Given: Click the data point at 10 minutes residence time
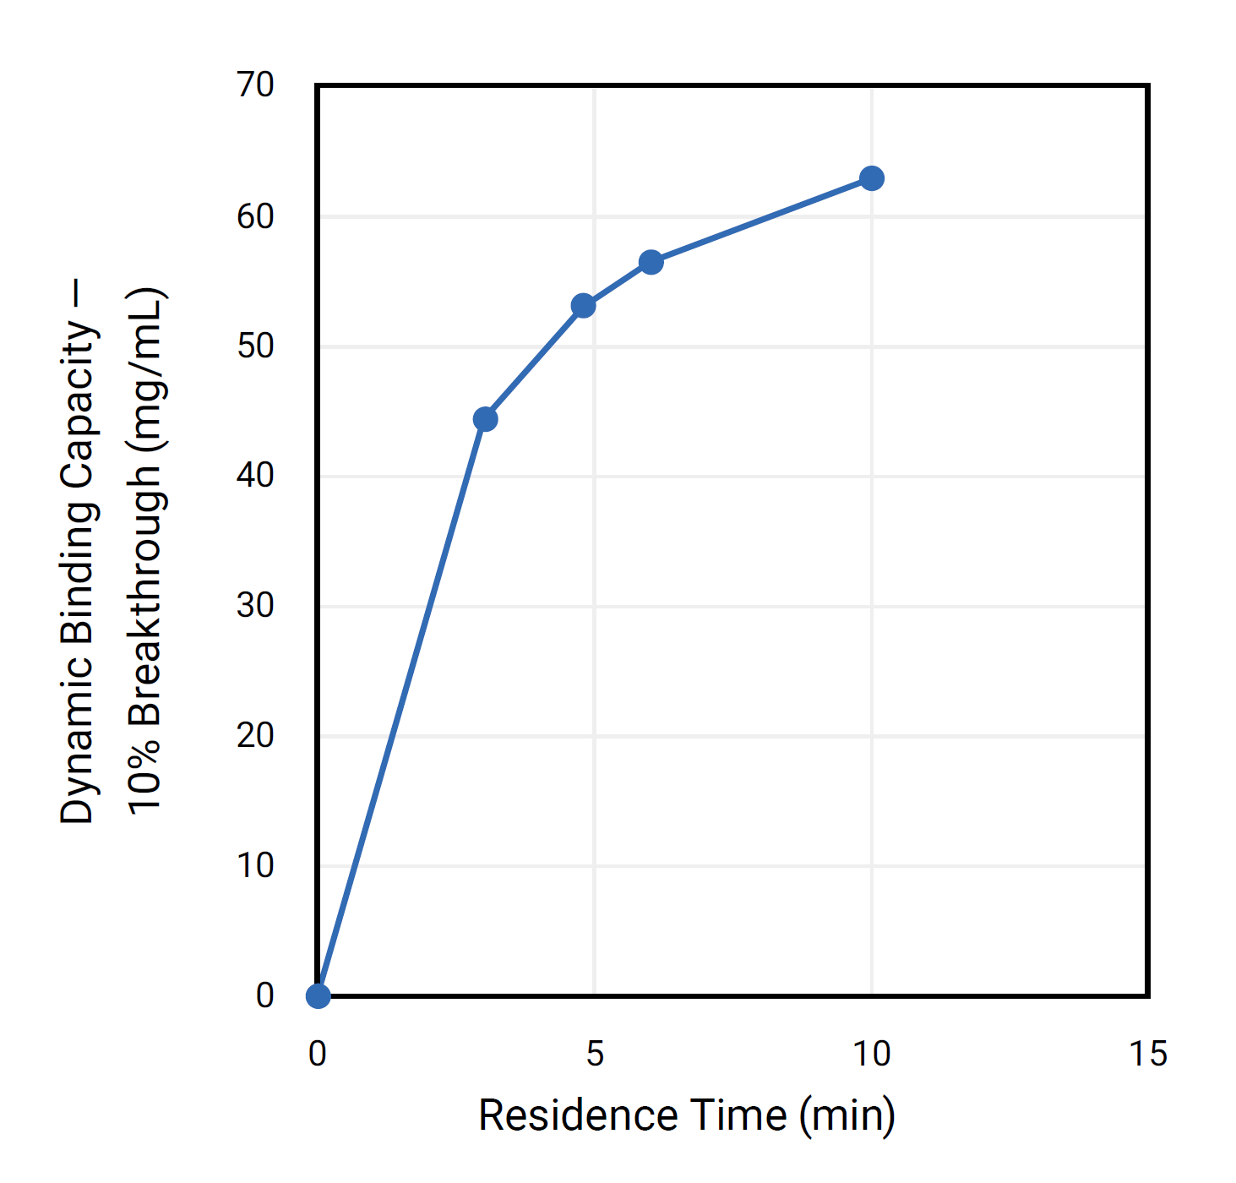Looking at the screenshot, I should tap(871, 178).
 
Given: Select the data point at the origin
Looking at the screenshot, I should tap(318, 996).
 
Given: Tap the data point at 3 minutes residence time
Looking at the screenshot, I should tap(485, 419).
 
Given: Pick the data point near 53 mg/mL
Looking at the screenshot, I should tap(583, 306).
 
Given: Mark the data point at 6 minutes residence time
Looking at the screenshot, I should tap(651, 262).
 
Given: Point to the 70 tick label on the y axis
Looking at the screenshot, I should tap(255, 85).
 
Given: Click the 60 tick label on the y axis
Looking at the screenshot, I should tap(255, 217).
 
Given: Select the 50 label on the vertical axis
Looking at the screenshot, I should tap(255, 346).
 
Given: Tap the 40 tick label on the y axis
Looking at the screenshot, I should tap(255, 476).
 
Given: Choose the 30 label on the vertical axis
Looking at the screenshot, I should tap(255, 606).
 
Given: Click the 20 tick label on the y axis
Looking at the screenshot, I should tap(255, 736).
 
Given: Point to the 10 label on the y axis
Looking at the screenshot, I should tap(255, 866).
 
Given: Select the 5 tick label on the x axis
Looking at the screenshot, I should tap(595, 1054).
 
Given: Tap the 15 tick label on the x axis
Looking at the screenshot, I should tap(1148, 1054).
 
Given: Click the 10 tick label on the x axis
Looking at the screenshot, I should tap(871, 1054).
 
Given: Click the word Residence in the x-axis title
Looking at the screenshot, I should tap(578, 1115).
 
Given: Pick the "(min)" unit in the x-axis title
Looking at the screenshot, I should tap(847, 1115).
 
